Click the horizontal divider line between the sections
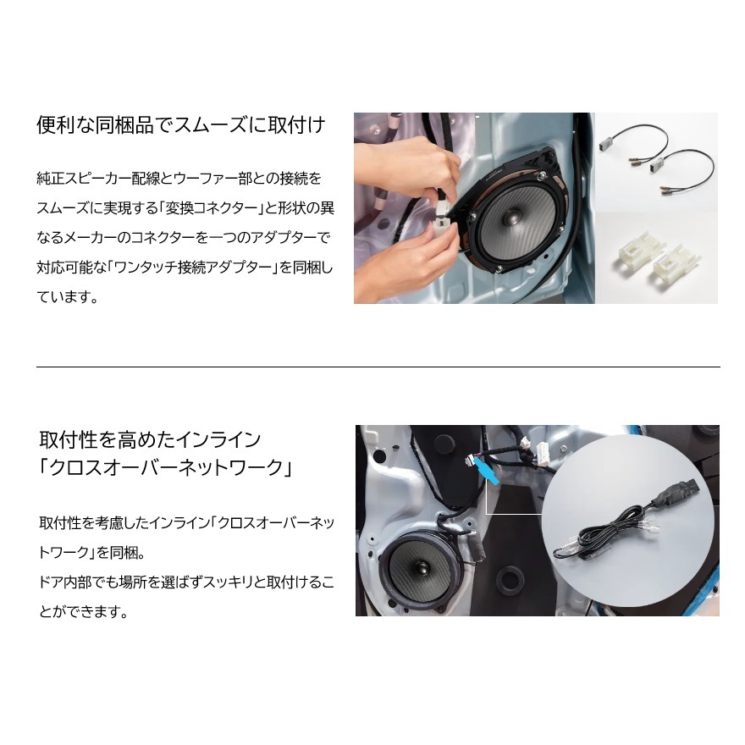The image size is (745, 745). tap(378, 367)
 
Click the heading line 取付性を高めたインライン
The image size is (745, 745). tap(149, 439)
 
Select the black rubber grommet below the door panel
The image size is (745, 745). tap(510, 581)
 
